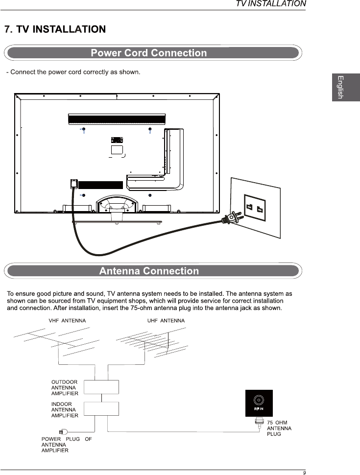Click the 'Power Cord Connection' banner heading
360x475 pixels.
click(x=149, y=53)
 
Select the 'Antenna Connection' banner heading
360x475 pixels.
click(x=149, y=271)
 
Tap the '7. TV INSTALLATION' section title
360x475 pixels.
click(x=55, y=29)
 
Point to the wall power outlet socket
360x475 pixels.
click(x=256, y=208)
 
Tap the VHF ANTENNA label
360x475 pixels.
click(x=67, y=321)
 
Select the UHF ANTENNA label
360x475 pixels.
click(x=166, y=321)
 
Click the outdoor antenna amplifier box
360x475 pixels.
click(x=101, y=387)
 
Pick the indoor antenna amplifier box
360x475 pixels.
click(x=101, y=409)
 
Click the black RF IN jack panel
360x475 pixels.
click(x=259, y=403)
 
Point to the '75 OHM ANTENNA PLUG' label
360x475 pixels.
click(x=279, y=428)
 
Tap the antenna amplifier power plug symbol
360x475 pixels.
click(x=63, y=431)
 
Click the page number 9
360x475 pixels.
click(x=304, y=473)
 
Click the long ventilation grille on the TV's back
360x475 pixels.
click(x=117, y=119)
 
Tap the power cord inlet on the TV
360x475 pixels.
click(x=73, y=184)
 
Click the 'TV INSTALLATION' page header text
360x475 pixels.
click(x=271, y=4)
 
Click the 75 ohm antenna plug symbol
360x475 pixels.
click(x=259, y=422)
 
